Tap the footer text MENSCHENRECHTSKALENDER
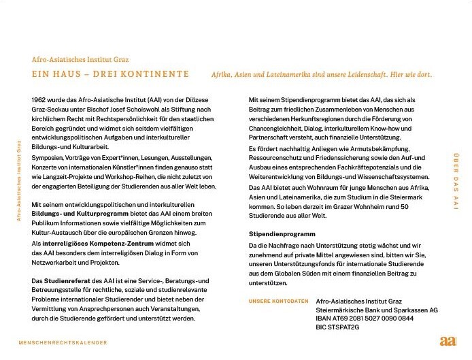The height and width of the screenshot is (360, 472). point(63,342)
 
